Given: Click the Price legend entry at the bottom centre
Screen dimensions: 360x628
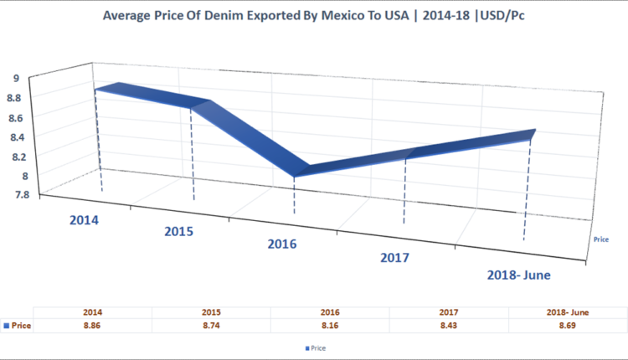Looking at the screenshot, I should [316, 347].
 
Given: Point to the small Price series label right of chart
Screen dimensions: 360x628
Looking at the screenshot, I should [600, 239].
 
